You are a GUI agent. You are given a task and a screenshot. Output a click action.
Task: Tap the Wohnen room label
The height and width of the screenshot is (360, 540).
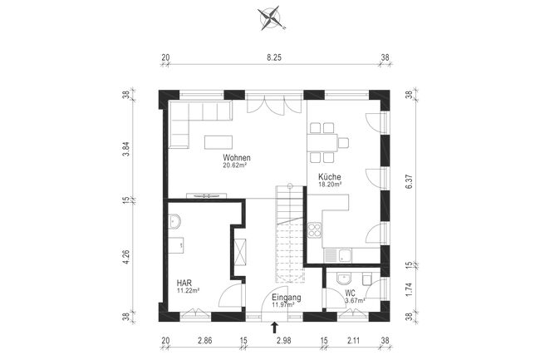(x=237, y=157)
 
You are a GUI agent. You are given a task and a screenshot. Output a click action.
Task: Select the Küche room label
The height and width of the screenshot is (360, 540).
(x=330, y=177)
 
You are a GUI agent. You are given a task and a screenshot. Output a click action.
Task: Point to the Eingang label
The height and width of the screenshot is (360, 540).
(x=286, y=297)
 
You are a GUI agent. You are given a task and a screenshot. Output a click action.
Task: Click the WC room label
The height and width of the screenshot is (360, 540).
(x=350, y=293)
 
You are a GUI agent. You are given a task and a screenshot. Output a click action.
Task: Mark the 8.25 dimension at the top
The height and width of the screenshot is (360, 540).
(x=272, y=57)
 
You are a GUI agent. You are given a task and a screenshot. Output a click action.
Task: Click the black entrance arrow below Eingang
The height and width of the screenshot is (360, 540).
(x=275, y=329)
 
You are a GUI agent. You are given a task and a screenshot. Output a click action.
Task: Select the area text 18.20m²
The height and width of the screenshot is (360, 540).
(x=330, y=185)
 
